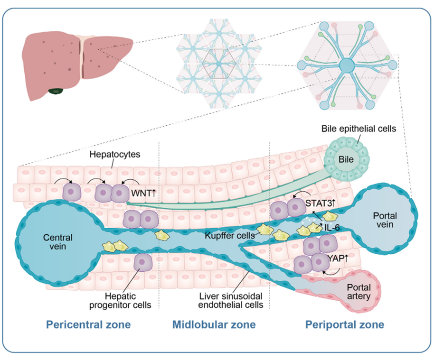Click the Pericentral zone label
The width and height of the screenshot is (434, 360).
[x=88, y=325]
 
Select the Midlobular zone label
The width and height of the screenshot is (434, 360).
[x=214, y=325]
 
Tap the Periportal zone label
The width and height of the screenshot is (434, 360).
[x=345, y=325]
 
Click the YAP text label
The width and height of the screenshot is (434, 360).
[x=336, y=258]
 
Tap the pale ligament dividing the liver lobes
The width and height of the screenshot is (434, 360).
[x=84, y=57]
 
